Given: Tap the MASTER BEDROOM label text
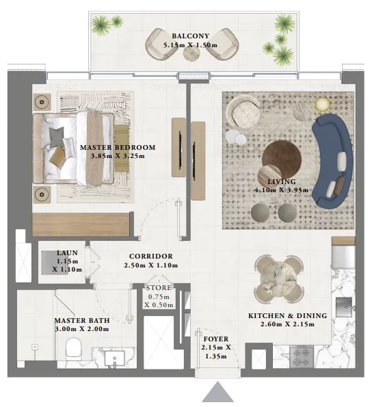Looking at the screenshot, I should pyautogui.click(x=118, y=147).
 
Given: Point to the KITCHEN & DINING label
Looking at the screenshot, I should pyautogui.click(x=287, y=315).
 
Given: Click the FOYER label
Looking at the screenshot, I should pyautogui.click(x=216, y=339).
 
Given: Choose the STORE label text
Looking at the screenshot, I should pyautogui.click(x=159, y=287).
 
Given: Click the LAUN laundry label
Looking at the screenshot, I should pyautogui.click(x=68, y=253).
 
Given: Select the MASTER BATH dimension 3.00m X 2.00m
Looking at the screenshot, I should pyautogui.click(x=81, y=328).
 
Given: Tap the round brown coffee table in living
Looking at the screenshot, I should pyautogui.click(x=281, y=159).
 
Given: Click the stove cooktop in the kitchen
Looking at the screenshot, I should pyautogui.click(x=302, y=356).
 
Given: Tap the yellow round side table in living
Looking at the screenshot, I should pyautogui.click(x=322, y=104).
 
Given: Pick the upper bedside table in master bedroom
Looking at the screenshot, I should pyautogui.click(x=42, y=103).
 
